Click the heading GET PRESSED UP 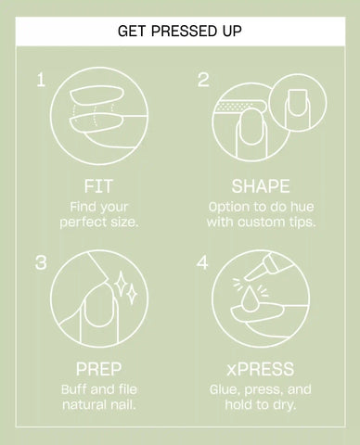tap(180, 32)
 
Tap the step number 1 tap(41, 80)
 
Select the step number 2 tap(203, 80)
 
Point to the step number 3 tap(41, 262)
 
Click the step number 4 tap(202, 262)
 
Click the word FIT tap(98, 186)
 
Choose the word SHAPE tap(261, 186)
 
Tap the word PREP tap(98, 369)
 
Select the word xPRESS tap(260, 369)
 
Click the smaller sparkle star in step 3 tap(133, 295)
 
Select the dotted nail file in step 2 tap(239, 107)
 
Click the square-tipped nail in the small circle tap(297, 103)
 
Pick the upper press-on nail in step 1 tap(96, 95)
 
